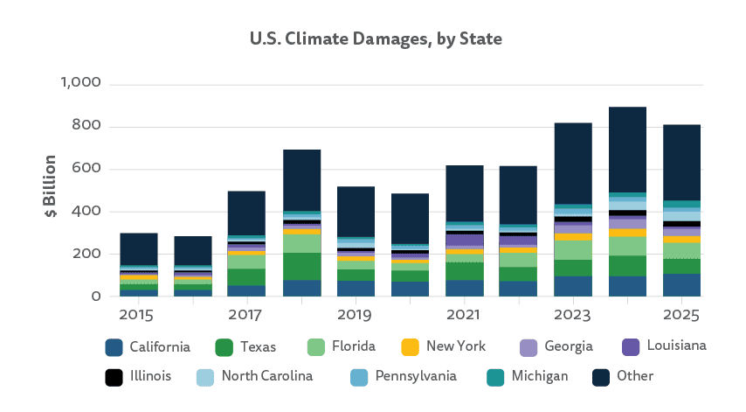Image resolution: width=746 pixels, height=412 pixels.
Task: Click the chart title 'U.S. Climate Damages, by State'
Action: click(376, 38)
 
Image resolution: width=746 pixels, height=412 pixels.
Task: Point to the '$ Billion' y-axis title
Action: click(51, 187)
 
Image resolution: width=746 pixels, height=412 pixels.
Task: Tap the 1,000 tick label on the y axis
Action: click(81, 83)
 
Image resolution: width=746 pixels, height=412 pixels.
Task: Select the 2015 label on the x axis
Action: click(137, 313)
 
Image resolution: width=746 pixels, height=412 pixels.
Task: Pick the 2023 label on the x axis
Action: click(572, 313)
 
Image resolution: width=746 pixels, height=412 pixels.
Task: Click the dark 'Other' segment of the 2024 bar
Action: click(627, 149)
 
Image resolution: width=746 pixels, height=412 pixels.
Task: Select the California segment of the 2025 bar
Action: click(681, 285)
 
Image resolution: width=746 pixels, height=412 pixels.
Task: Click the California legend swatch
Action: click(113, 347)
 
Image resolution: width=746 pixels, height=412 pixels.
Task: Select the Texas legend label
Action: click(258, 347)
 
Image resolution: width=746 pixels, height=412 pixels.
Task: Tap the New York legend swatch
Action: click(409, 347)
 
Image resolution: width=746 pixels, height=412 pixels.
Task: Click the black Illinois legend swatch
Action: click(113, 376)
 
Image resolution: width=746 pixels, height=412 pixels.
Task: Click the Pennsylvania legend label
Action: click(416, 376)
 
